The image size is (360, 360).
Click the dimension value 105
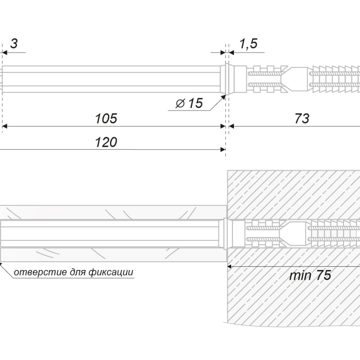pyautogui.click(x=106, y=118)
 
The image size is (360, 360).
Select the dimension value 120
pyautogui.click(x=106, y=142)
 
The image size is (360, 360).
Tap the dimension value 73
pyautogui.click(x=302, y=118)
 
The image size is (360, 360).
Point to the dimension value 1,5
pyautogui.click(x=248, y=44)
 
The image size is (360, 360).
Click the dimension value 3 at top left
pyautogui.click(x=14, y=43)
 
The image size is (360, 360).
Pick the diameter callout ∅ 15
pyautogui.click(x=189, y=103)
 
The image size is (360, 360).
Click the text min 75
pyautogui.click(x=310, y=275)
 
